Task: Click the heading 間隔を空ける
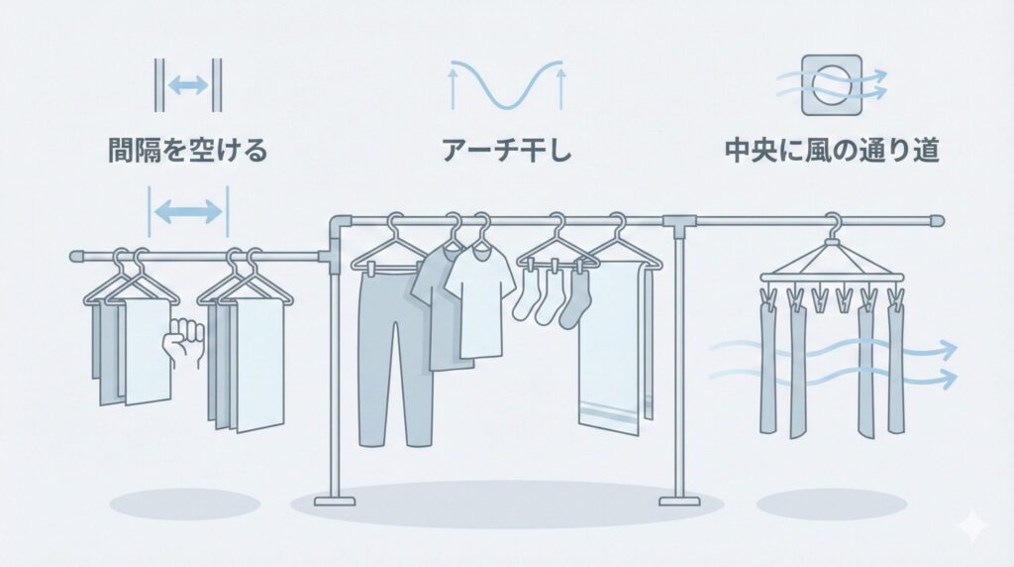(187, 151)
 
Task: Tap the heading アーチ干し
(507, 151)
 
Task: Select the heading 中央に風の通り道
(832, 151)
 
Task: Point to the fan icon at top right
(832, 85)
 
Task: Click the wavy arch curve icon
(507, 84)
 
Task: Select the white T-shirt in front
(480, 303)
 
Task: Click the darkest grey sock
(574, 299)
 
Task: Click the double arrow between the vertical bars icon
(188, 85)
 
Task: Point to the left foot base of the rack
(335, 501)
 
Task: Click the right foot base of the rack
(680, 501)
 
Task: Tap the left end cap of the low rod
(76, 257)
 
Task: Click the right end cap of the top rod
(937, 221)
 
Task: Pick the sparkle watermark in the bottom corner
(974, 526)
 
